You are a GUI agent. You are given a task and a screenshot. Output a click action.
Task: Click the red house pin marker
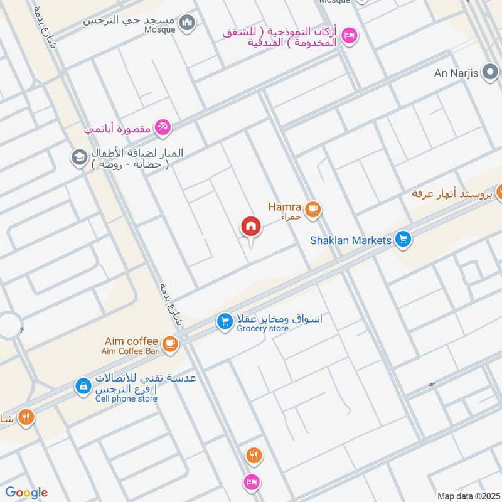(x=251, y=227)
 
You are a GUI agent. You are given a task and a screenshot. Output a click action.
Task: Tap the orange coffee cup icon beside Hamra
(x=312, y=209)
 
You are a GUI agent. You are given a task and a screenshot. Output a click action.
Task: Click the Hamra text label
(x=285, y=206)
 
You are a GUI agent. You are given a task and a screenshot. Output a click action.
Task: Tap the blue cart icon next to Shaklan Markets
(x=403, y=239)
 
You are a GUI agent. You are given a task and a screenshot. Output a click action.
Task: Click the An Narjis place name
(x=456, y=73)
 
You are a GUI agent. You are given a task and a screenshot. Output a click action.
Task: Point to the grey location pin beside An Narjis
(x=489, y=73)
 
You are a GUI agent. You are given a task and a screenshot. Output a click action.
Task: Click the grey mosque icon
(x=186, y=24)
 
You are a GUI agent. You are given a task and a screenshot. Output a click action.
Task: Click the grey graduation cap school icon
(x=79, y=157)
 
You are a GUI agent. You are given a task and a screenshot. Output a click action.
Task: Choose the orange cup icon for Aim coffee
(x=169, y=343)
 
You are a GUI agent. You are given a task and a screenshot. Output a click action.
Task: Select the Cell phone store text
(x=126, y=398)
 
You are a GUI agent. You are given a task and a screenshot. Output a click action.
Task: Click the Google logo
(x=26, y=493)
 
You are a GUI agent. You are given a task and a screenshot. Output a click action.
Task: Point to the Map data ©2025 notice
(x=467, y=496)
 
